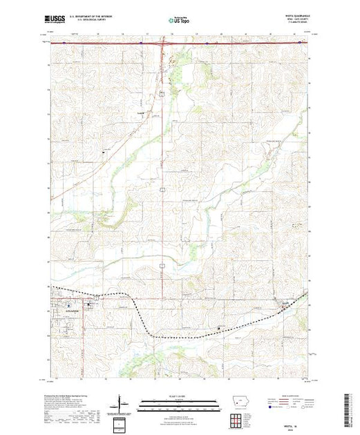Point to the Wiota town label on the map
tap(285, 302)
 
